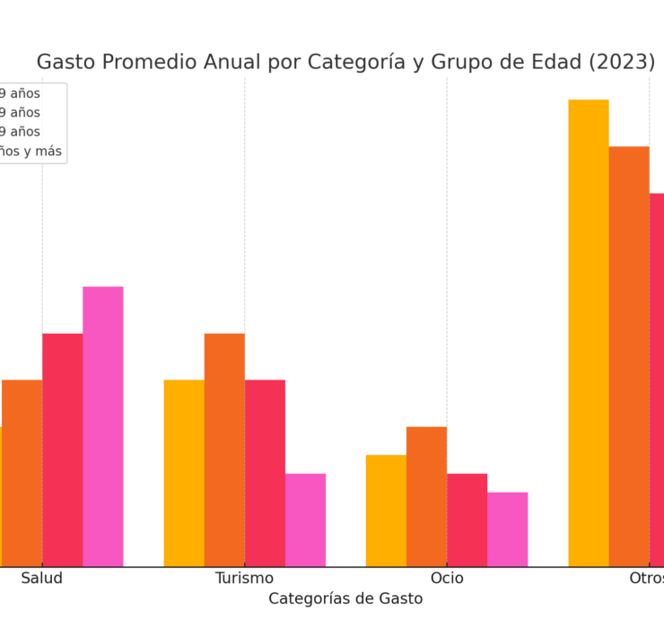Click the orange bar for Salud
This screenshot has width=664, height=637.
22,473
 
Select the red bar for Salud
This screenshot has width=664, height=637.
62,449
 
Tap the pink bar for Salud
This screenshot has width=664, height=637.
103,426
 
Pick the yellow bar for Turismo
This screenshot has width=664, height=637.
184,473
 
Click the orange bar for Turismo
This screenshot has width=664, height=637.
224,449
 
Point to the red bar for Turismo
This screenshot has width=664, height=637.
265,473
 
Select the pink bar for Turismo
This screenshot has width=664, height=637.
305,519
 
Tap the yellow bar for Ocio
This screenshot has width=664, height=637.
386,510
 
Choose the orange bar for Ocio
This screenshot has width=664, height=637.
426,496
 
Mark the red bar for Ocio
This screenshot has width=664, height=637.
467,519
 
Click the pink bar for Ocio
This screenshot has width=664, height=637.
507,529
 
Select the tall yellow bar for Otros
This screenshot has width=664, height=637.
588,333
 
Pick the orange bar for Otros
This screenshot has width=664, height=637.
629,356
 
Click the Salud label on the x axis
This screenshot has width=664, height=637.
42,579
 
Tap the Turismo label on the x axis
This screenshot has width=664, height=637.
244,579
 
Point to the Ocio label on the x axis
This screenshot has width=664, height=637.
447,579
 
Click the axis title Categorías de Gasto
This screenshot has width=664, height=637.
345,598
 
